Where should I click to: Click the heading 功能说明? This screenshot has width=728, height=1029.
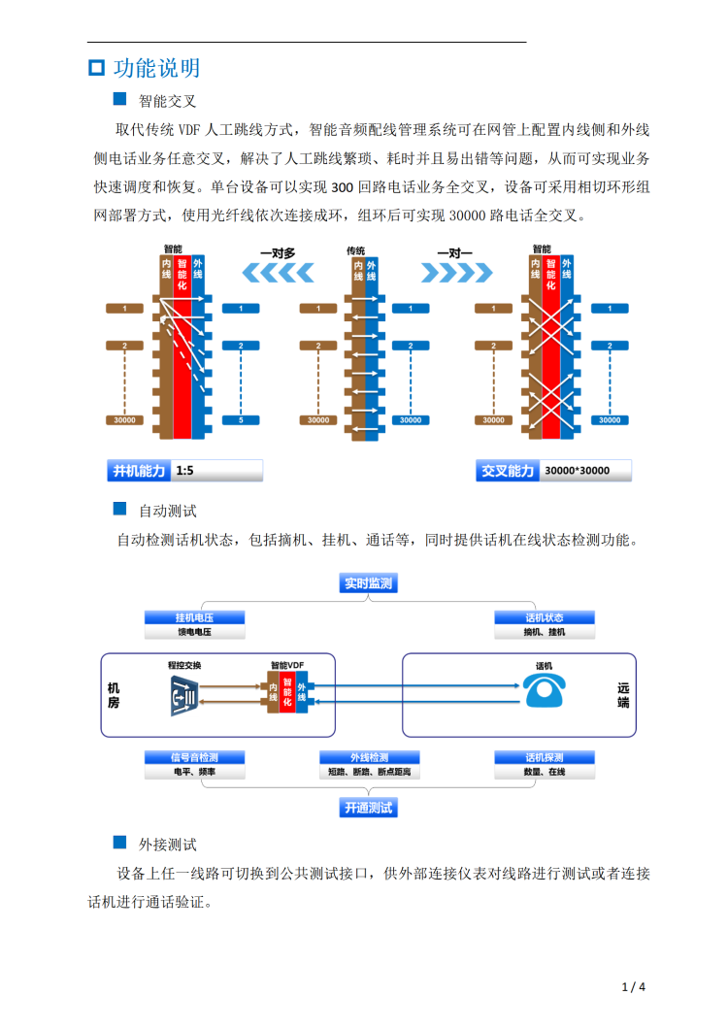click(156, 68)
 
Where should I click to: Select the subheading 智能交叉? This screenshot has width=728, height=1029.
click(168, 100)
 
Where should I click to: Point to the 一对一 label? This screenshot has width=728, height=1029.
click(454, 252)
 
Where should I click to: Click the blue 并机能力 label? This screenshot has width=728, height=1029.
click(139, 471)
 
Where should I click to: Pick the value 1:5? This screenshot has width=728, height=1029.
click(185, 471)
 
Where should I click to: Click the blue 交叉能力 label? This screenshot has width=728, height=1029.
click(507, 471)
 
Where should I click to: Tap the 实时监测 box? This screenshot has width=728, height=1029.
click(369, 583)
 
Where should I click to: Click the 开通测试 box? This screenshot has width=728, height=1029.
click(369, 807)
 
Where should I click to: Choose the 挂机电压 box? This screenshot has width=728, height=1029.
click(194, 617)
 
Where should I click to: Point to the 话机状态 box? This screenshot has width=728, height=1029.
click(544, 617)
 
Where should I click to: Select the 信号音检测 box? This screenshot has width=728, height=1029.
click(194, 757)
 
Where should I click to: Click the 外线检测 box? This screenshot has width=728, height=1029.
click(369, 757)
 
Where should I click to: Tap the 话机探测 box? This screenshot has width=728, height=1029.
click(544, 757)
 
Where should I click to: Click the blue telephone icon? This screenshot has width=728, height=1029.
click(544, 691)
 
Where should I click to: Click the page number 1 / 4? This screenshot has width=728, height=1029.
click(633, 987)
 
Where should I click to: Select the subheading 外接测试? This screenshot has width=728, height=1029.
click(168, 845)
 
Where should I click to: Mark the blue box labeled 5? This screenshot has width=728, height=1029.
click(241, 420)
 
